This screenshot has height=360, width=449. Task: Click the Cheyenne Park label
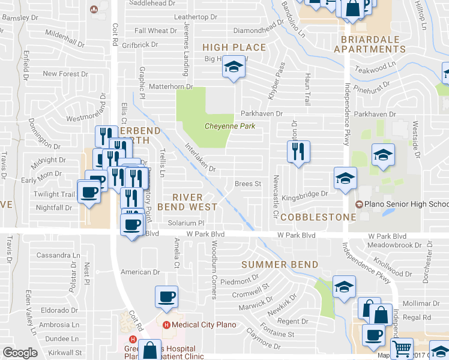pos(230,126)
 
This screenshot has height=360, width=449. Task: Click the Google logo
pos(20,353)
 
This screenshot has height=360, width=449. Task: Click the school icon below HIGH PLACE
pos(234,67)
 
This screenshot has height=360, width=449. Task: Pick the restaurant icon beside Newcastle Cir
pos(298,151)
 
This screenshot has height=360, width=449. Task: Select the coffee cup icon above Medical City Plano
pos(167,296)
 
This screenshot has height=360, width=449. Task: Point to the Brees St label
pos(247,184)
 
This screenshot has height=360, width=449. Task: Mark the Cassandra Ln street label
pos(58,255)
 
